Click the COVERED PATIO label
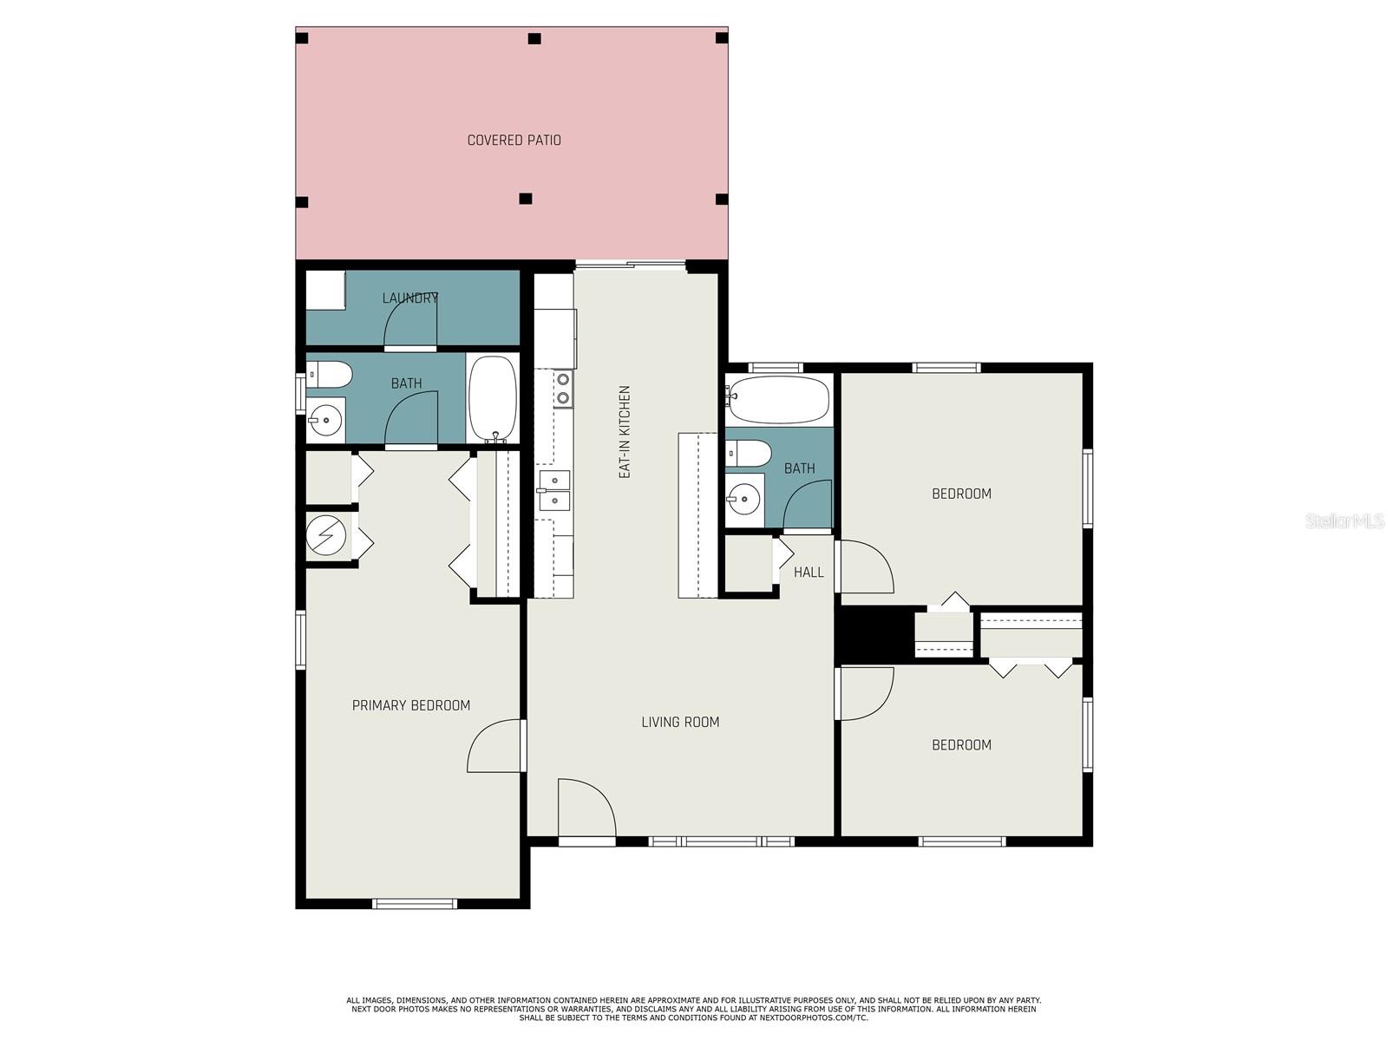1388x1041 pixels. [514, 141]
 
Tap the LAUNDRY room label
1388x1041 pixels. [409, 298]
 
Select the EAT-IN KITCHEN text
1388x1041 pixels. [625, 432]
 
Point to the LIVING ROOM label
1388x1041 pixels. [680, 722]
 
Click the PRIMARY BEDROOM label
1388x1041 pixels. [411, 705]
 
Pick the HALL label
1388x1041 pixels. [809, 572]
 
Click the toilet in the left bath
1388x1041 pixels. [328, 375]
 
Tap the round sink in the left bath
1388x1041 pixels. [325, 419]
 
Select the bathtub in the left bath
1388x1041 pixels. [493, 398]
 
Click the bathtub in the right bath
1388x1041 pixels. [778, 399]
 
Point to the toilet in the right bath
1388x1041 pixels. [749, 454]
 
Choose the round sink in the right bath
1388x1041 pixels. [743, 500]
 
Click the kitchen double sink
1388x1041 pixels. [554, 490]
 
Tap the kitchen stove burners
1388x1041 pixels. [563, 388]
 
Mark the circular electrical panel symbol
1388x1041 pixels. [325, 535]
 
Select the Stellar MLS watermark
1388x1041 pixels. [1345, 520]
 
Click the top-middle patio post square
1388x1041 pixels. [534, 38]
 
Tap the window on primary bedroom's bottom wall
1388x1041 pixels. [415, 904]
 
